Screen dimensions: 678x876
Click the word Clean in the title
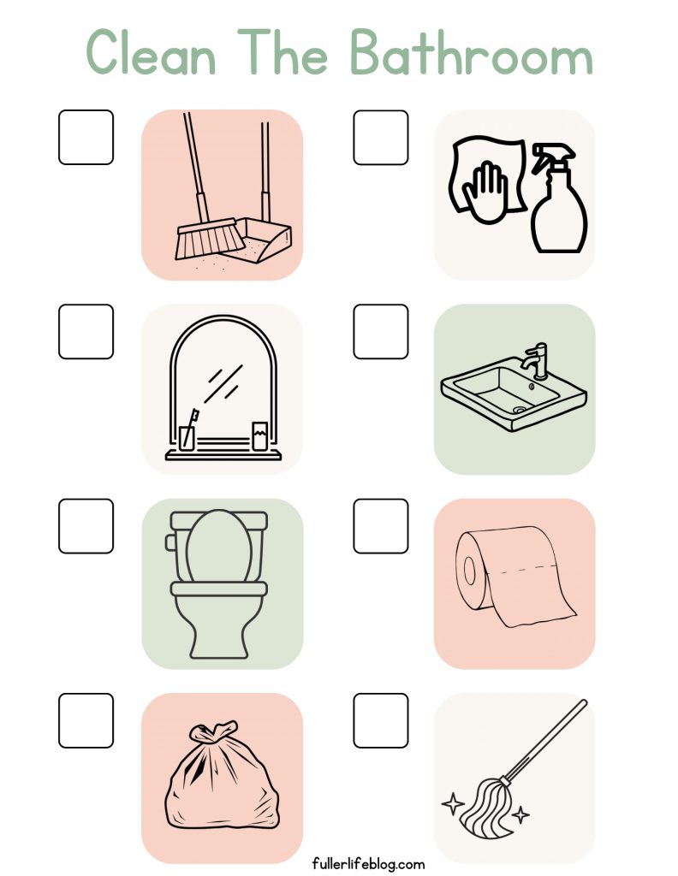coord(151,52)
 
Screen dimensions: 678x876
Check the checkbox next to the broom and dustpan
coord(86,138)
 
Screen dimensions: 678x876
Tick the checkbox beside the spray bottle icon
coord(381,138)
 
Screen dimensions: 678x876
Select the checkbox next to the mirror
coord(86,332)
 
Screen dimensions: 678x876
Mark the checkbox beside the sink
coord(381,332)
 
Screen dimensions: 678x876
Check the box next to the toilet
coord(86,526)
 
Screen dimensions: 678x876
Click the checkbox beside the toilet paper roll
coord(381,526)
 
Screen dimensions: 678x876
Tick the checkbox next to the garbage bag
coord(86,720)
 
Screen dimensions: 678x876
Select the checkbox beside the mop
coord(381,720)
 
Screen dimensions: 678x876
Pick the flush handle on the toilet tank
coord(169,542)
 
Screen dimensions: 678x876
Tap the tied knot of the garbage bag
coord(214,731)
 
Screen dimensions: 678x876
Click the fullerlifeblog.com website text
coord(368,864)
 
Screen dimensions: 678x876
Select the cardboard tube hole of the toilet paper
coord(469,571)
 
